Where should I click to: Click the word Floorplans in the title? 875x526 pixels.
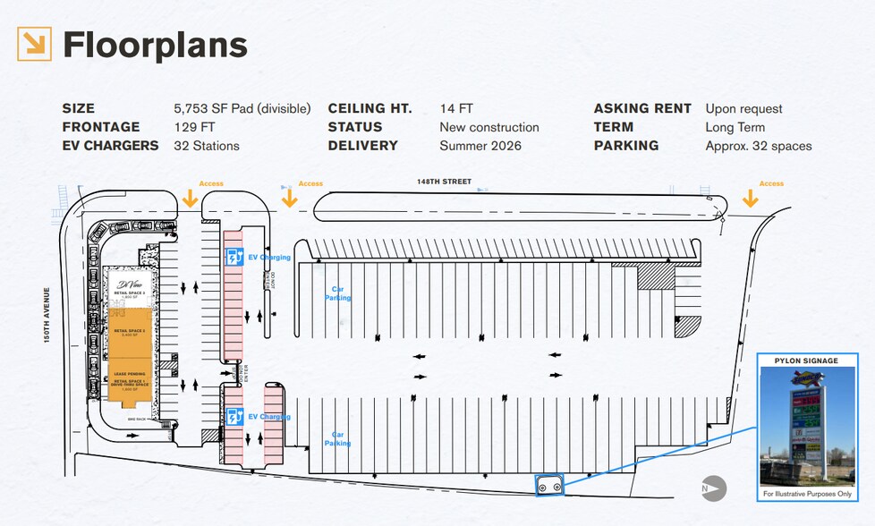click(x=155, y=44)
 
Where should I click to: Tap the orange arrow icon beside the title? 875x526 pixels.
click(x=34, y=44)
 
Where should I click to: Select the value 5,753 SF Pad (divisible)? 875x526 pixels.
click(x=242, y=108)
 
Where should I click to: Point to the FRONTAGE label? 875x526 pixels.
click(x=101, y=127)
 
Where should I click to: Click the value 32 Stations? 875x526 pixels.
click(x=207, y=145)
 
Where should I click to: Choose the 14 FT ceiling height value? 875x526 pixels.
click(x=455, y=108)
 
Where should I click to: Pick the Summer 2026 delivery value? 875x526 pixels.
click(x=480, y=145)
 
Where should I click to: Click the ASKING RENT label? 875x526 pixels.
click(x=642, y=108)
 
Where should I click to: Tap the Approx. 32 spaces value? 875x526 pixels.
click(x=759, y=145)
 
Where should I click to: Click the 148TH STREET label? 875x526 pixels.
click(x=444, y=182)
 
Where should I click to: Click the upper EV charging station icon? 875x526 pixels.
click(x=234, y=258)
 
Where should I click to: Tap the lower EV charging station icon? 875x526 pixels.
click(x=234, y=417)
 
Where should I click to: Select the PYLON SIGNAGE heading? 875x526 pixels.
click(x=806, y=361)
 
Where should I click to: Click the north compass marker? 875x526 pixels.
click(x=713, y=488)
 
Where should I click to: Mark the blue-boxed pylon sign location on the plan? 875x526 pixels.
click(x=548, y=485)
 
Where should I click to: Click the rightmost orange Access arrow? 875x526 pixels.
click(x=750, y=199)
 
